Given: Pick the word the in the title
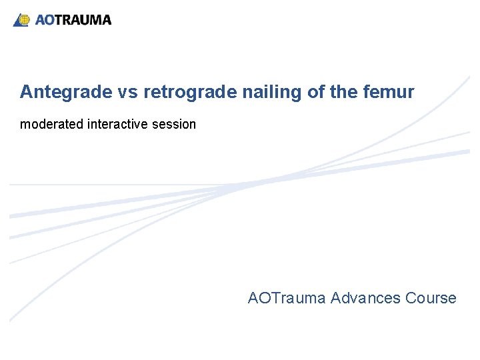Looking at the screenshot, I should pyautogui.click(x=346, y=93).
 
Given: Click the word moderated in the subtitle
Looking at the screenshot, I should pyautogui.click(x=51, y=124).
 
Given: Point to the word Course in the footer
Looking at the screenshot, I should pyautogui.click(x=431, y=298).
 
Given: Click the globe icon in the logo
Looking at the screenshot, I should pyautogui.click(x=23, y=20).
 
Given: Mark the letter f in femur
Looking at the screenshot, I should pyautogui.click(x=369, y=92).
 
